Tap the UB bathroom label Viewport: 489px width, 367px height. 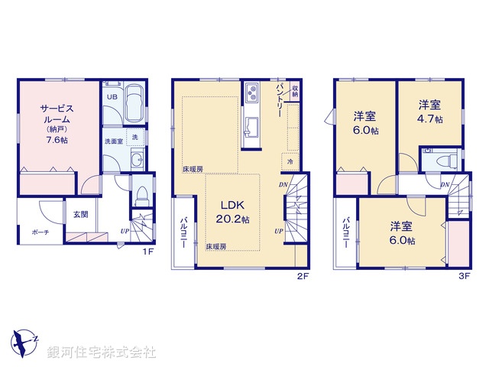pos(112,97)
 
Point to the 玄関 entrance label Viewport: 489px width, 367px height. pos(81,215)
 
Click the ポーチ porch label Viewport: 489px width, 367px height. pos(41,232)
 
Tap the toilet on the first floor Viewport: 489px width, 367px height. pos(141,194)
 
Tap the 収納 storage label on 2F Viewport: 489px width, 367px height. pos(294,93)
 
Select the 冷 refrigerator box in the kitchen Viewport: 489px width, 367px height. pos(290,161)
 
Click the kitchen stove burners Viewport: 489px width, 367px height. pos(252,94)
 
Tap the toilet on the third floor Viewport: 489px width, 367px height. pos(445,162)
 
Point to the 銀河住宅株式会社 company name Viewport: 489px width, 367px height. pos(101,352)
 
